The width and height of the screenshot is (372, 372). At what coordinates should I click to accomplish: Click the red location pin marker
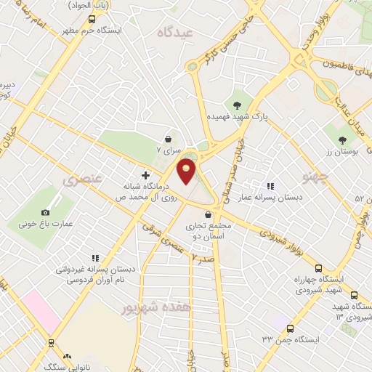click(187, 171)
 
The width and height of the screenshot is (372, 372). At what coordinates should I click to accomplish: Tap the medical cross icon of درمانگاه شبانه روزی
click(146, 175)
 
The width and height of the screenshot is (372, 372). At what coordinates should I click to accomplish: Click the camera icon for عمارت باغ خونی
click(46, 211)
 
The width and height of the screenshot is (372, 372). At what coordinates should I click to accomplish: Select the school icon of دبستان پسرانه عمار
click(270, 185)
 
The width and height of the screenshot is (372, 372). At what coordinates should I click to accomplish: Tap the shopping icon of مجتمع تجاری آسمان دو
click(209, 214)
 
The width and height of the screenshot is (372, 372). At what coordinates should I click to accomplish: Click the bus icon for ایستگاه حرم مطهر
click(91, 20)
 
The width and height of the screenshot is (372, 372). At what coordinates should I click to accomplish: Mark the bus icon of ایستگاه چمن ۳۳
click(290, 328)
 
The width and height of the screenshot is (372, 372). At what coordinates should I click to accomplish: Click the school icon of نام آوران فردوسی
click(94, 258)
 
